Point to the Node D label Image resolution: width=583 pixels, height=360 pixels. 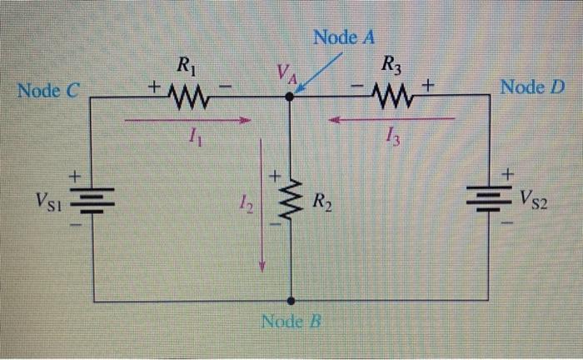click(532, 87)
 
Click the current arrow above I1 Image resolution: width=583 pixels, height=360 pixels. click(187, 121)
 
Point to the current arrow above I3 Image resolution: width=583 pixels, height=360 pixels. click(391, 119)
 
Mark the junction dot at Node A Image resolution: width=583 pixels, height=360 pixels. click(289, 97)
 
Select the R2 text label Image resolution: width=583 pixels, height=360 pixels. click(324, 201)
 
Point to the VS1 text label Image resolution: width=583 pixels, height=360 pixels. click(49, 200)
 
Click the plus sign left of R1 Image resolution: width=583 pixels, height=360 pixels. click(154, 86)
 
